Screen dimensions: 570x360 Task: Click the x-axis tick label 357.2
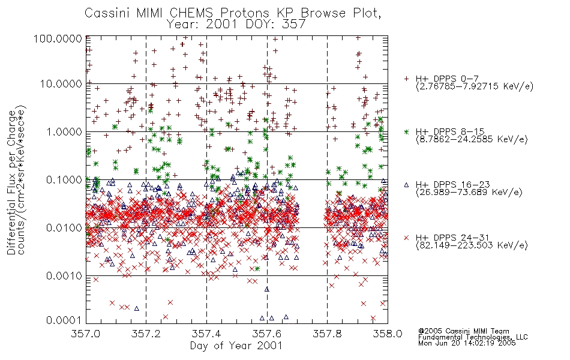point(146,334)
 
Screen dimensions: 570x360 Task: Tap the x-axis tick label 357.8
point(327,334)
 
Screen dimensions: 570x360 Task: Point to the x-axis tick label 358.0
point(388,334)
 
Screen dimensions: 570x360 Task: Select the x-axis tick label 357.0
point(86,334)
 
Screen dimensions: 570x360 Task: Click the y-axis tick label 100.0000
point(58,38)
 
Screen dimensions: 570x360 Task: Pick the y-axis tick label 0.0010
point(64,276)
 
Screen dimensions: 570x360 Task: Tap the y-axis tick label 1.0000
point(64,131)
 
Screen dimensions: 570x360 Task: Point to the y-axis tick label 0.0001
point(64,320)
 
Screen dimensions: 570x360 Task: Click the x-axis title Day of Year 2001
point(236,346)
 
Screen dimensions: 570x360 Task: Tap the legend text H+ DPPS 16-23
point(452,185)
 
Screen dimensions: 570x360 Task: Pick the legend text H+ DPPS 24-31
point(452,238)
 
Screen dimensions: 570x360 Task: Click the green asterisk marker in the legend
point(406,131)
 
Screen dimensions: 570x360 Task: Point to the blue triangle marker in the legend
point(406,185)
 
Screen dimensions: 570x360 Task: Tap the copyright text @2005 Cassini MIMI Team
point(463,331)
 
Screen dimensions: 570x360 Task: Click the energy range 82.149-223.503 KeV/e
point(472,245)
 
